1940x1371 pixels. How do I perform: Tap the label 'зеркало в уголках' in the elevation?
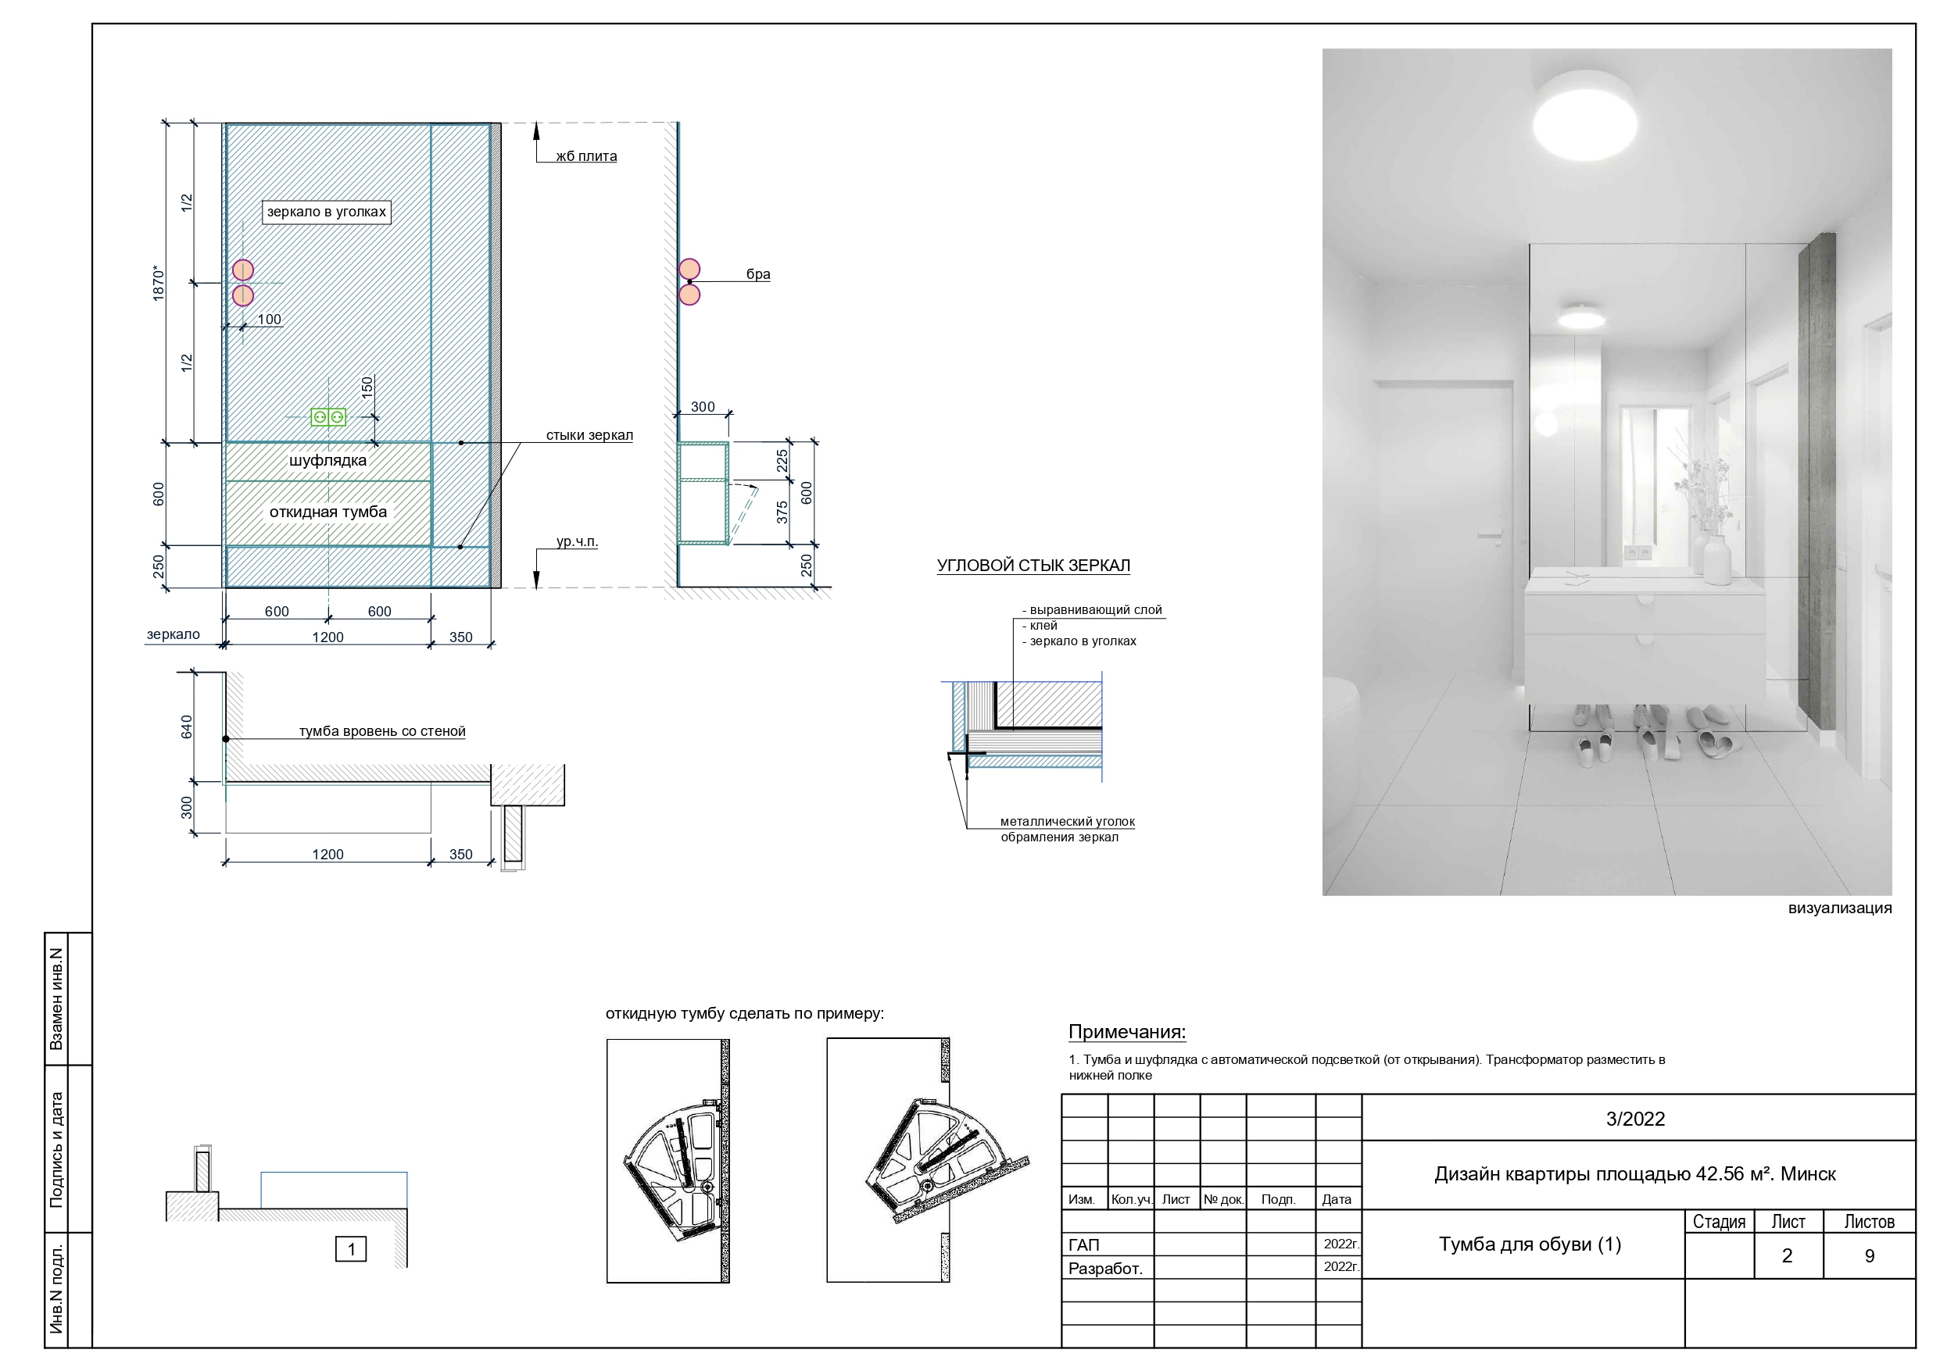[327, 211]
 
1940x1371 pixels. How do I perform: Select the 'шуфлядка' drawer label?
[328, 460]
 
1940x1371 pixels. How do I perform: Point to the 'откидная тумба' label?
[328, 512]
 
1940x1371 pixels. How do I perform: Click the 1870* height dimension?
[158, 283]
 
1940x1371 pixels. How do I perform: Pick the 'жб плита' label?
[586, 156]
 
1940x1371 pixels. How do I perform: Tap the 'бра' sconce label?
[758, 273]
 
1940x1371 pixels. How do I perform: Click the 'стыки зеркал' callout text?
[589, 435]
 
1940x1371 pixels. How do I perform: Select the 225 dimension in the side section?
[782, 460]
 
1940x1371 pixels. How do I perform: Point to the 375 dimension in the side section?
[782, 512]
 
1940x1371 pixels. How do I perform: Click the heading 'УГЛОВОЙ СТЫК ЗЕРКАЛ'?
[1033, 565]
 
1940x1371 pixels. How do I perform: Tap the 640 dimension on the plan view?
[187, 727]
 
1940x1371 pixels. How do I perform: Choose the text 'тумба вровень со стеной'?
[382, 730]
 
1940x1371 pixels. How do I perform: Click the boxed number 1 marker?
[351, 1248]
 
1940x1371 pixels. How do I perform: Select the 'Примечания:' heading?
[1127, 1031]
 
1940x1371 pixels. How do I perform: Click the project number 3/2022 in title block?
[1635, 1119]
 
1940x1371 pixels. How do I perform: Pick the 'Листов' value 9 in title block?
[1869, 1255]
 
